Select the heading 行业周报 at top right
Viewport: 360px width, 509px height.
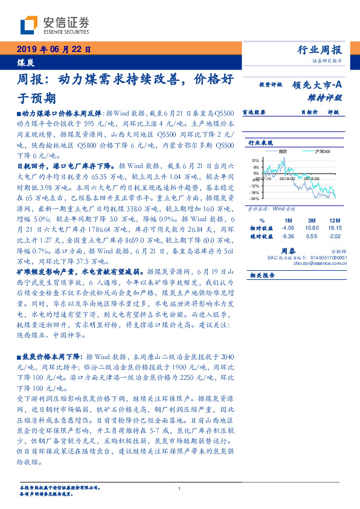click(x=320, y=50)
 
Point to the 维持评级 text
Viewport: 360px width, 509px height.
click(x=329, y=97)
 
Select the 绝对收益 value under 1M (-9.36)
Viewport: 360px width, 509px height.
click(x=288, y=236)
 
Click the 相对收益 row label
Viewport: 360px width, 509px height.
click(x=261, y=228)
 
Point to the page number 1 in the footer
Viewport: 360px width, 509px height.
click(x=180, y=489)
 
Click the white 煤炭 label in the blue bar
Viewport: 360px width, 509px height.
click(x=24, y=62)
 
